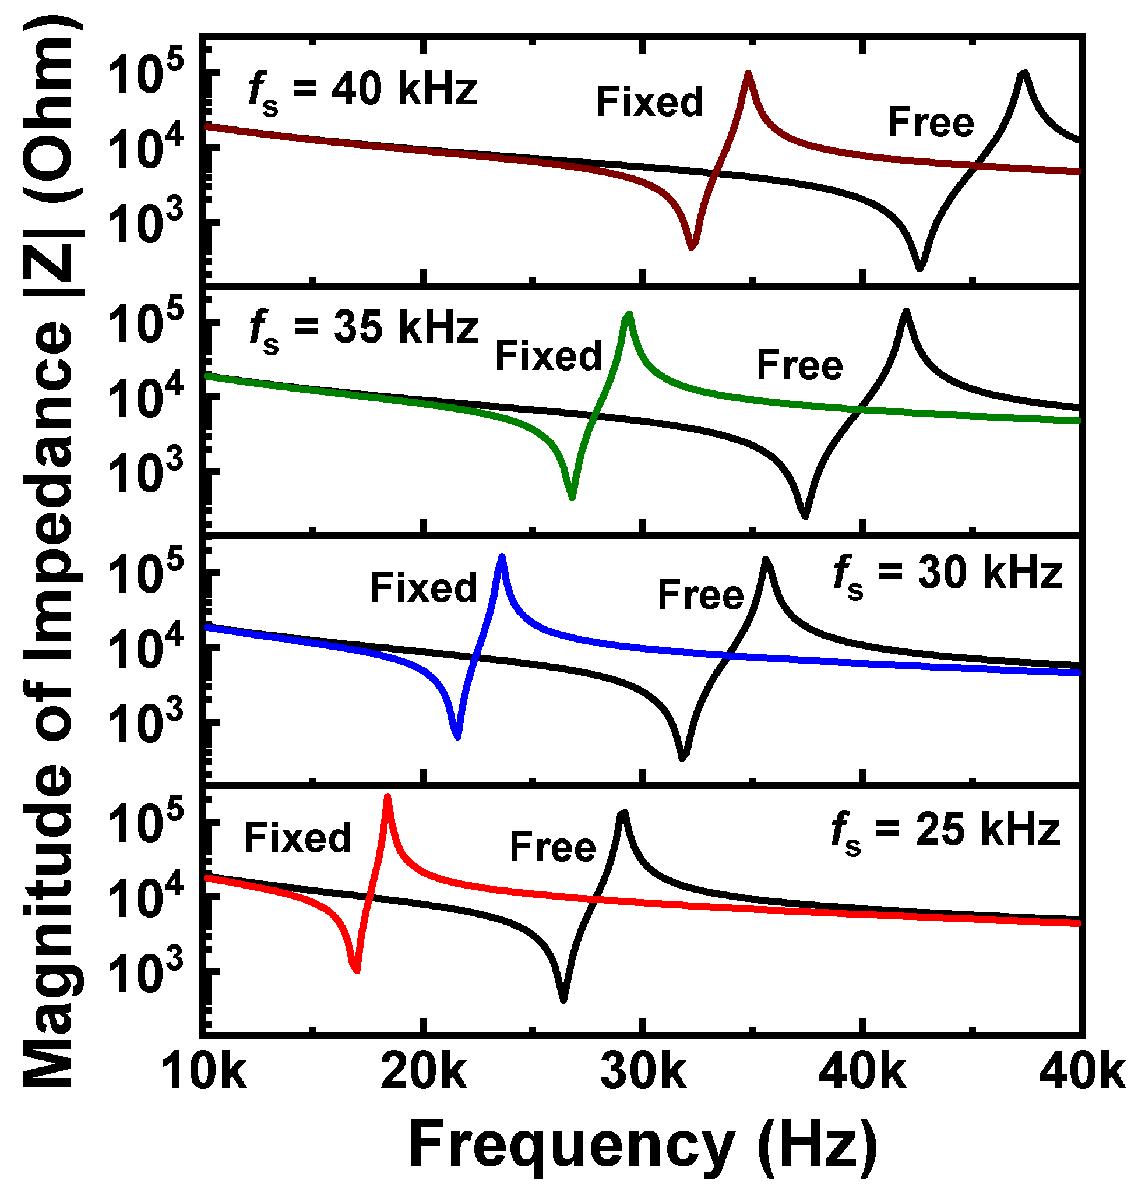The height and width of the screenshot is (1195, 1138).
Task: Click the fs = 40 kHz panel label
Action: pos(363,91)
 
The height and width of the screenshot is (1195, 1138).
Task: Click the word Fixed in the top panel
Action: pos(650,102)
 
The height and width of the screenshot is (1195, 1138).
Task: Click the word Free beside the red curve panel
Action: pos(552,847)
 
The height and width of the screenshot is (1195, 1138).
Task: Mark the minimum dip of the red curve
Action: pos(357,970)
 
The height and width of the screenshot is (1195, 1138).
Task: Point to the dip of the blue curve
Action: pos(458,736)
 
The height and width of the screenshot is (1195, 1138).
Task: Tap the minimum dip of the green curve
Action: pos(572,496)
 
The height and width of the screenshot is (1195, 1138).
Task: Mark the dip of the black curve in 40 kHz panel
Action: pos(920,267)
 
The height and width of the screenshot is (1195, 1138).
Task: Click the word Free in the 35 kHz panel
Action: pos(799,366)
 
